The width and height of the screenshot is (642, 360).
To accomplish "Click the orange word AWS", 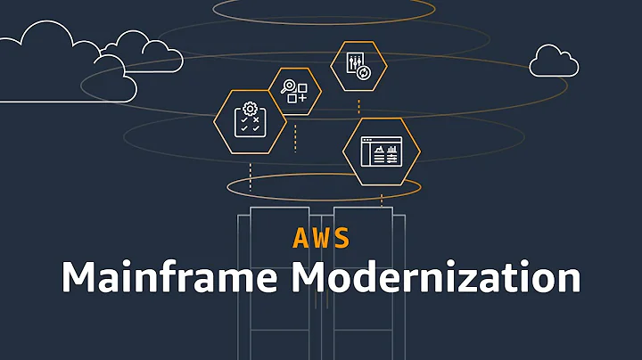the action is [x=320, y=238].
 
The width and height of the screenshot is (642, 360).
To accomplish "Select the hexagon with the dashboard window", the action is [x=382, y=151].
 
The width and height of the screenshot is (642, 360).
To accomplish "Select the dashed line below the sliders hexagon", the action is [x=358, y=105].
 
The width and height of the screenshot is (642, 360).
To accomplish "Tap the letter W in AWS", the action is [x=321, y=238].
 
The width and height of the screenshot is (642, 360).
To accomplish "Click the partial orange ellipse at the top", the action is [x=324, y=8].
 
